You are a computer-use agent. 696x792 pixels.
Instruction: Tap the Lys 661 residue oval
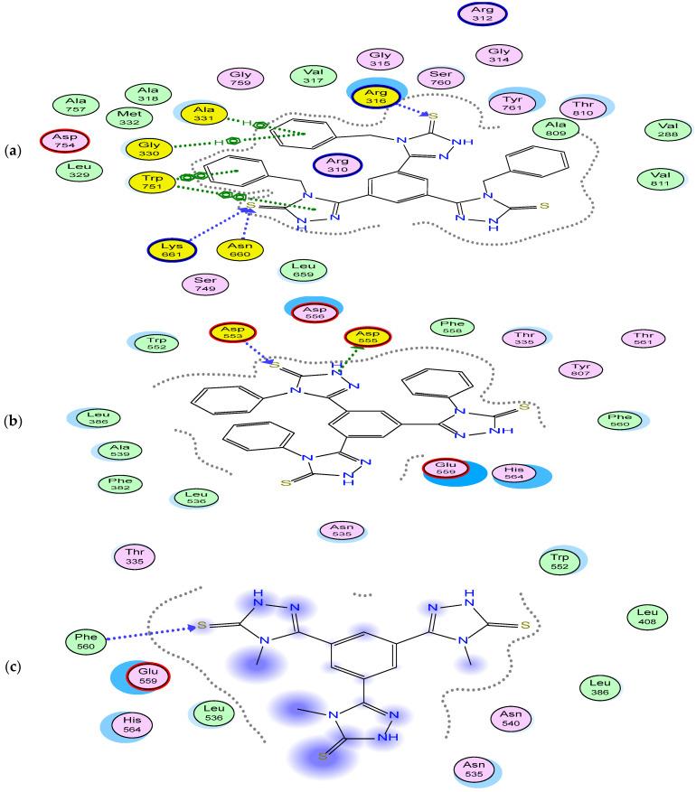(x=173, y=249)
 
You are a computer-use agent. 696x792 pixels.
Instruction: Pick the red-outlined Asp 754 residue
(x=65, y=142)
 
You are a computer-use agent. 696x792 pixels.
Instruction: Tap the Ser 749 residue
(x=205, y=284)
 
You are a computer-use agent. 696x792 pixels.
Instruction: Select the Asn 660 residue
(x=240, y=249)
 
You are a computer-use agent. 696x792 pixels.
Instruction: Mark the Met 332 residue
(x=124, y=118)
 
